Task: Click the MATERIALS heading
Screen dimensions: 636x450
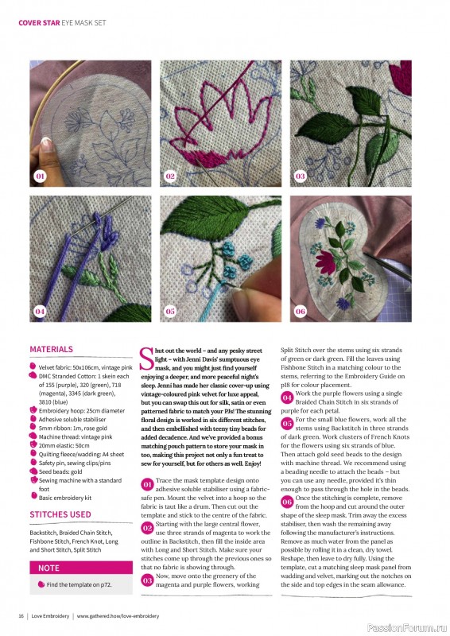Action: coord(51,349)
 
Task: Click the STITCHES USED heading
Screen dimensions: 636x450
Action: coord(60,514)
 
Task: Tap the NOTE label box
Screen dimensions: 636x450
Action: coord(49,568)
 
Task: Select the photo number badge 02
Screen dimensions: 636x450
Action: coord(169,175)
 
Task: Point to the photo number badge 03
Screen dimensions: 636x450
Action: coord(300,175)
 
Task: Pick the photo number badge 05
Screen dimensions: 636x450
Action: coord(169,311)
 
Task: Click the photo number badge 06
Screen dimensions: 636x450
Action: coord(300,311)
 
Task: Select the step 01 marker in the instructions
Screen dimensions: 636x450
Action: coord(146,483)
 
